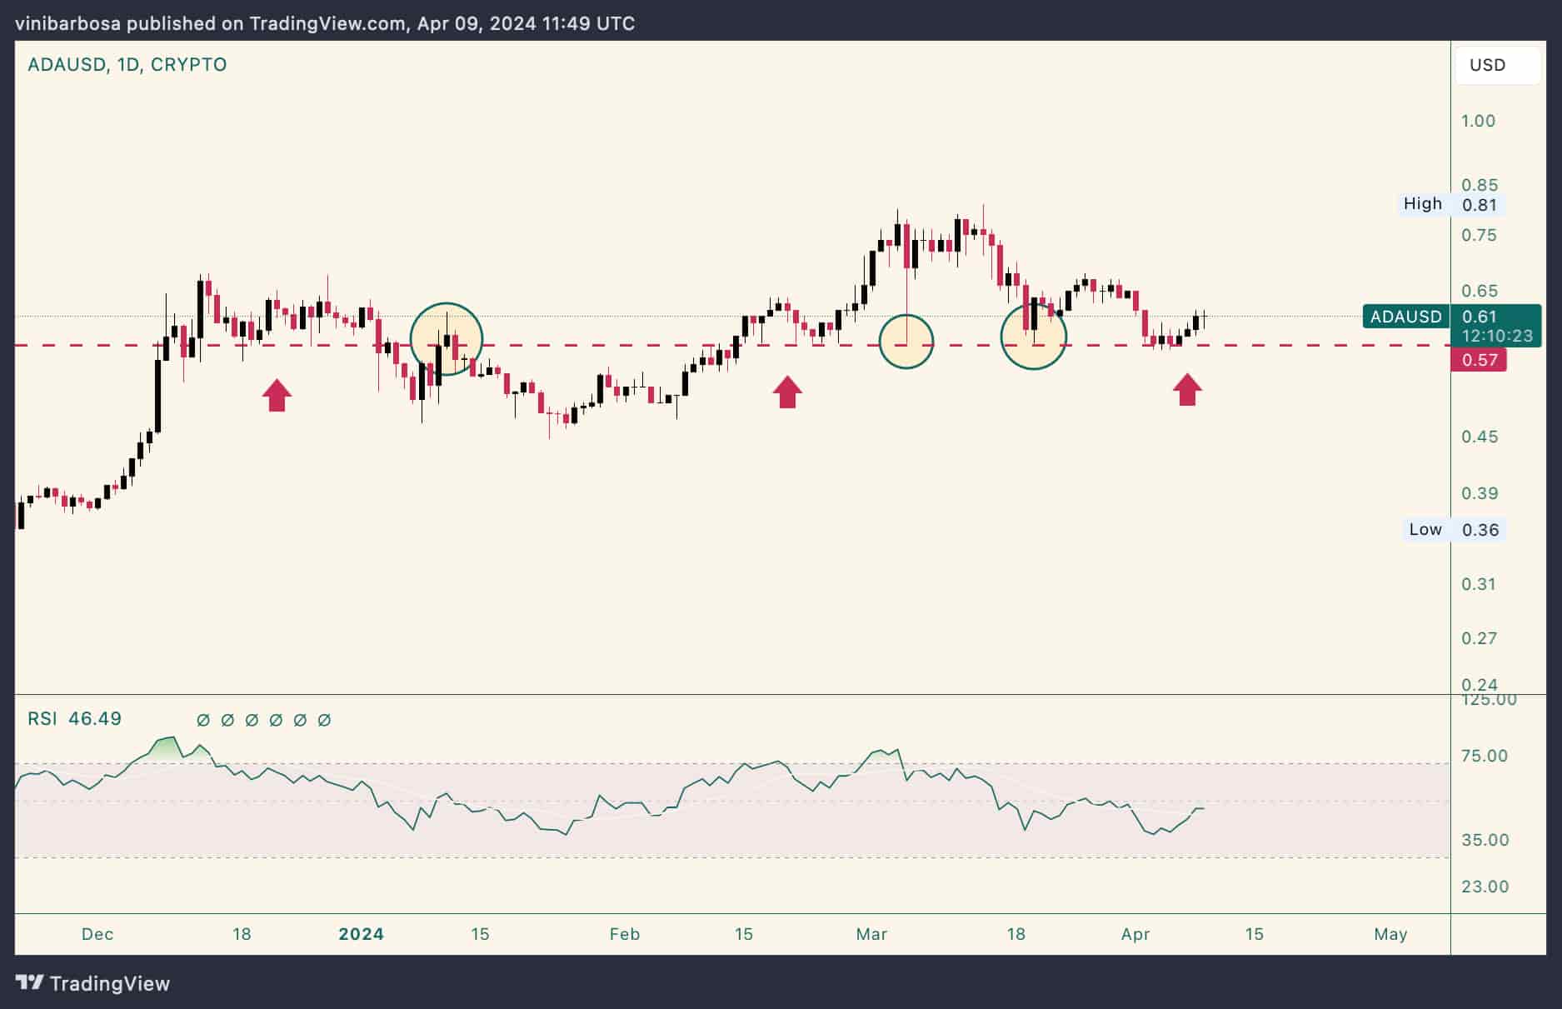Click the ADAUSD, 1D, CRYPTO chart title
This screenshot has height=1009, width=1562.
coord(127,65)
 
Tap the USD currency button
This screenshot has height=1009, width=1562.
coord(1488,65)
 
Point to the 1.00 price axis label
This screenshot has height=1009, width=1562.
coord(1479,121)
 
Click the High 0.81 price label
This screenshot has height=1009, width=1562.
coord(1452,204)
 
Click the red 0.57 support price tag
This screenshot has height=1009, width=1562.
coord(1479,360)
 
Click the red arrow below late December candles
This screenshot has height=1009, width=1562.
coord(277,395)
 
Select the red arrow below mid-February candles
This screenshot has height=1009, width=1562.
coord(787,392)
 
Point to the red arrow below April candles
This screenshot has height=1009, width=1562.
coord(1188,389)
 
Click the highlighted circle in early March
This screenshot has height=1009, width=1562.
coord(906,342)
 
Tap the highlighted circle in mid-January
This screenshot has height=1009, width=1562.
coord(447,338)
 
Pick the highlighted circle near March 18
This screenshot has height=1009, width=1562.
coord(1033,336)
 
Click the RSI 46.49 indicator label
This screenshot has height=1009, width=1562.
coord(75,719)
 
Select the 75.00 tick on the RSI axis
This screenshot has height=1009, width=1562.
coord(1485,756)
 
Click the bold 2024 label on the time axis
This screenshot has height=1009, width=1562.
coord(361,934)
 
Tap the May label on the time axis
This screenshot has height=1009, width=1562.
coord(1390,934)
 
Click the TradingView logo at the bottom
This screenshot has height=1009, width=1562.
coord(93,983)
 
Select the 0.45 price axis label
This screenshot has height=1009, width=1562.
coord(1480,437)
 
